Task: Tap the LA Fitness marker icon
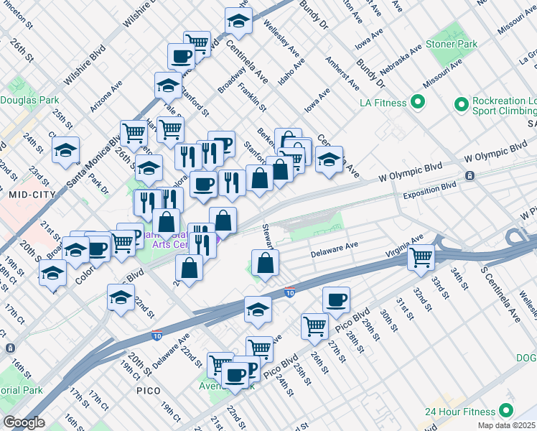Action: click(415, 103)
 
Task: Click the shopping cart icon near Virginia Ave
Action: click(421, 256)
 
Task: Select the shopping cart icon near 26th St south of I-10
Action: click(314, 325)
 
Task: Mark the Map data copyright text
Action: click(507, 425)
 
